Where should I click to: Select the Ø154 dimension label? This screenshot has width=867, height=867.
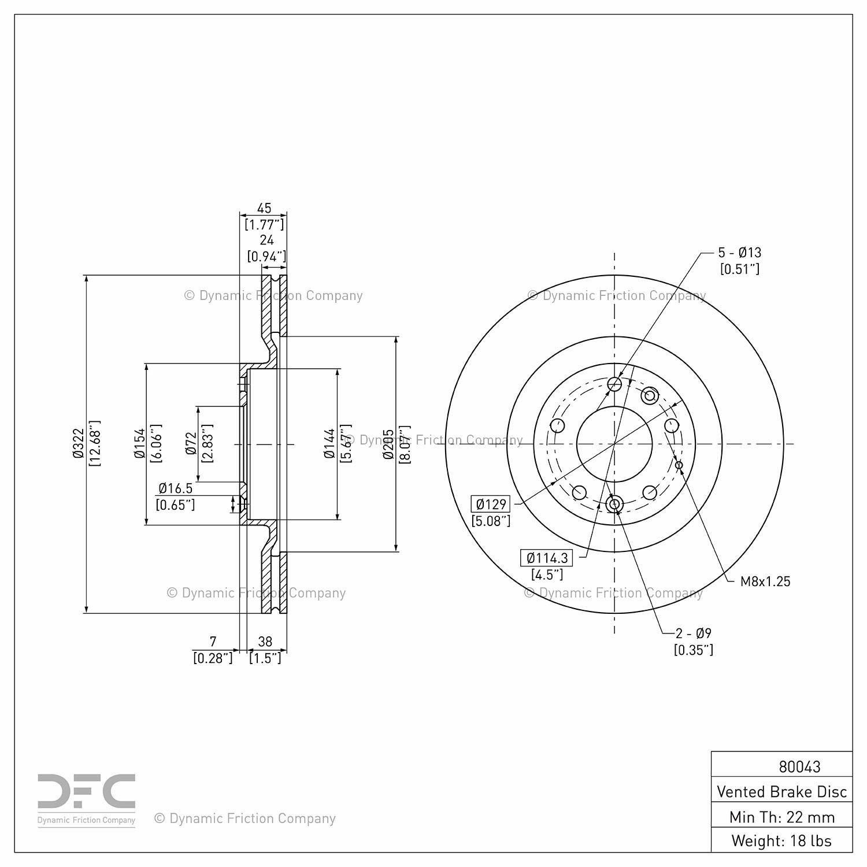click(x=139, y=443)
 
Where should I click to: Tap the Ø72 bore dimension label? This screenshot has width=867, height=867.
click(x=191, y=443)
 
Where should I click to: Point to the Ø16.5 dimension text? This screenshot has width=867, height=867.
click(x=175, y=488)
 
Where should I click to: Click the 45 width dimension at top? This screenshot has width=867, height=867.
click(x=264, y=208)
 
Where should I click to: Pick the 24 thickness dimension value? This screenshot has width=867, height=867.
click(x=266, y=240)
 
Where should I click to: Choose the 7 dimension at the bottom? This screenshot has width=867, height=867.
click(x=213, y=641)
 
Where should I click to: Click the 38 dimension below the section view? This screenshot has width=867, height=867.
click(x=265, y=641)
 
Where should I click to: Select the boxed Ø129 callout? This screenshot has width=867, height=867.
click(x=491, y=504)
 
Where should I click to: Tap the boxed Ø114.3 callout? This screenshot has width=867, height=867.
click(x=547, y=558)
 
